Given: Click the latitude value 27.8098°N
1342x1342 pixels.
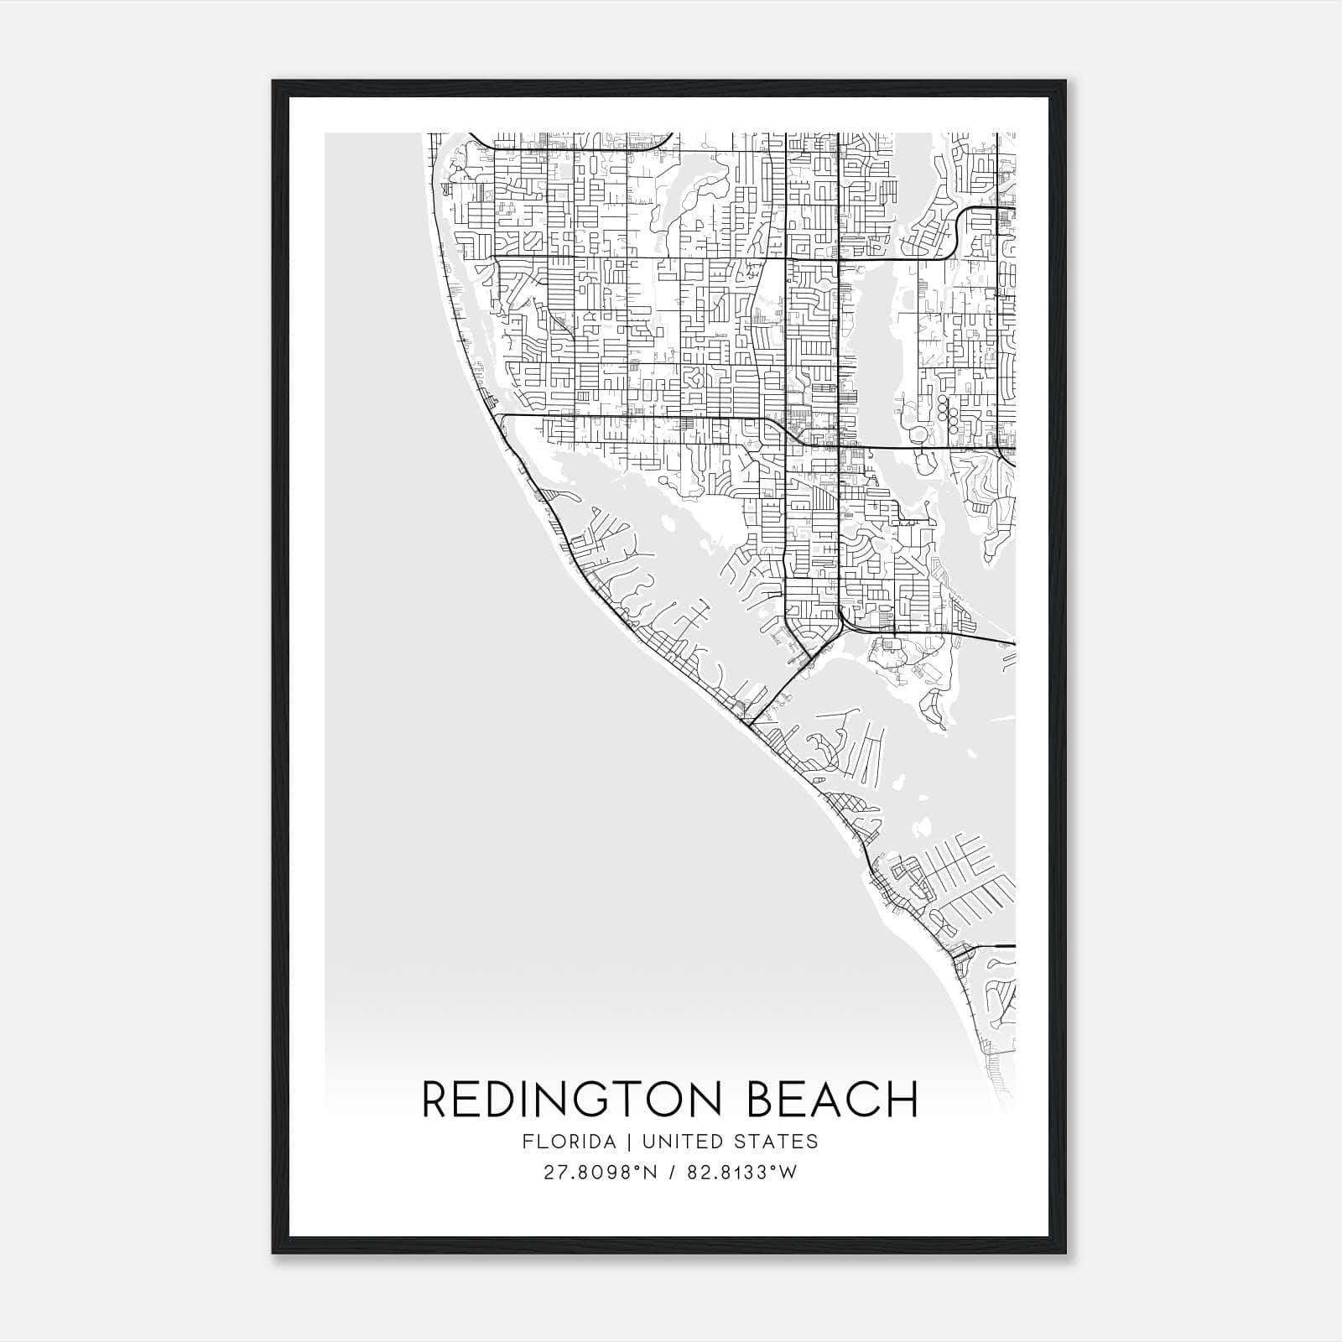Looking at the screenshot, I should (x=602, y=1173).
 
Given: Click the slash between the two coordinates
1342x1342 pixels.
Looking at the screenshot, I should (x=673, y=1173).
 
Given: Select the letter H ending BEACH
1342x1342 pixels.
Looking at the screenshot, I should (x=902, y=1100).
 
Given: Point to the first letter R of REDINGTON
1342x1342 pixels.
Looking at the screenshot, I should (x=436, y=1100).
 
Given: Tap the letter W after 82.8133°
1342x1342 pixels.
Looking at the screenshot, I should (x=788, y=1173).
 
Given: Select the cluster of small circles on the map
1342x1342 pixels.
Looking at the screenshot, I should (x=948, y=412).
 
